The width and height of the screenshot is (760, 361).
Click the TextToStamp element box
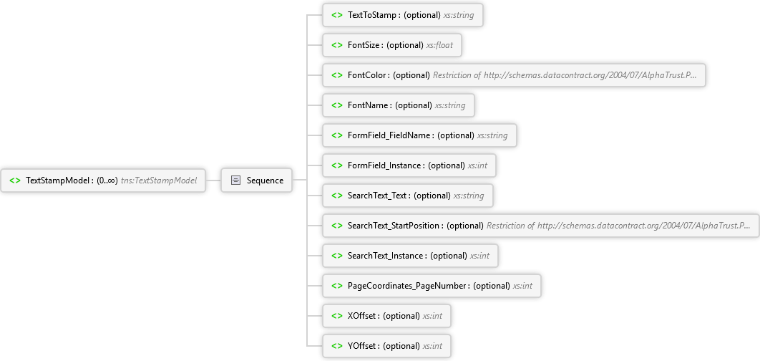pyautogui.click(x=403, y=15)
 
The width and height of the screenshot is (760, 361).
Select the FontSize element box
pyautogui.click(x=392, y=45)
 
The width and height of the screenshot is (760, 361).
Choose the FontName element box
pyautogui.click(x=399, y=105)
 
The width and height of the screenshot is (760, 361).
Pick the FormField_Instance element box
pyautogui.click(x=409, y=165)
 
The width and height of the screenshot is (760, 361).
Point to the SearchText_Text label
pyautogui.click(x=378, y=196)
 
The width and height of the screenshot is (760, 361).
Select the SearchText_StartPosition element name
pyautogui.click(x=394, y=226)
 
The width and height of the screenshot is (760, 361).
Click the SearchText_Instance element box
pyautogui.click(x=410, y=256)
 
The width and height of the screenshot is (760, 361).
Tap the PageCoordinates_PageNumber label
pyautogui.click(x=407, y=286)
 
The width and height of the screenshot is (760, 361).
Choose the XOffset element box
pyautogui.click(x=386, y=316)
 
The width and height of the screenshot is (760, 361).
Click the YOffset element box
pyautogui.click(x=386, y=346)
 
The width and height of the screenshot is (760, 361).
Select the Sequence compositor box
pyautogui.click(x=257, y=180)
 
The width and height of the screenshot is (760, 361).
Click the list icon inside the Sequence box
pyautogui.click(x=235, y=180)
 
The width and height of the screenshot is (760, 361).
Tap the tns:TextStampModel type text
pyautogui.click(x=159, y=180)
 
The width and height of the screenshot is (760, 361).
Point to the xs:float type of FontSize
pyautogui.click(x=439, y=45)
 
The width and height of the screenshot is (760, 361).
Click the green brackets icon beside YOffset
pyautogui.click(x=337, y=346)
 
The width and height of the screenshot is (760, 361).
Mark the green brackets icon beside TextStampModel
pyautogui.click(x=15, y=180)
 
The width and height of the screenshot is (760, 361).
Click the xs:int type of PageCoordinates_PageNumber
pyautogui.click(x=522, y=286)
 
